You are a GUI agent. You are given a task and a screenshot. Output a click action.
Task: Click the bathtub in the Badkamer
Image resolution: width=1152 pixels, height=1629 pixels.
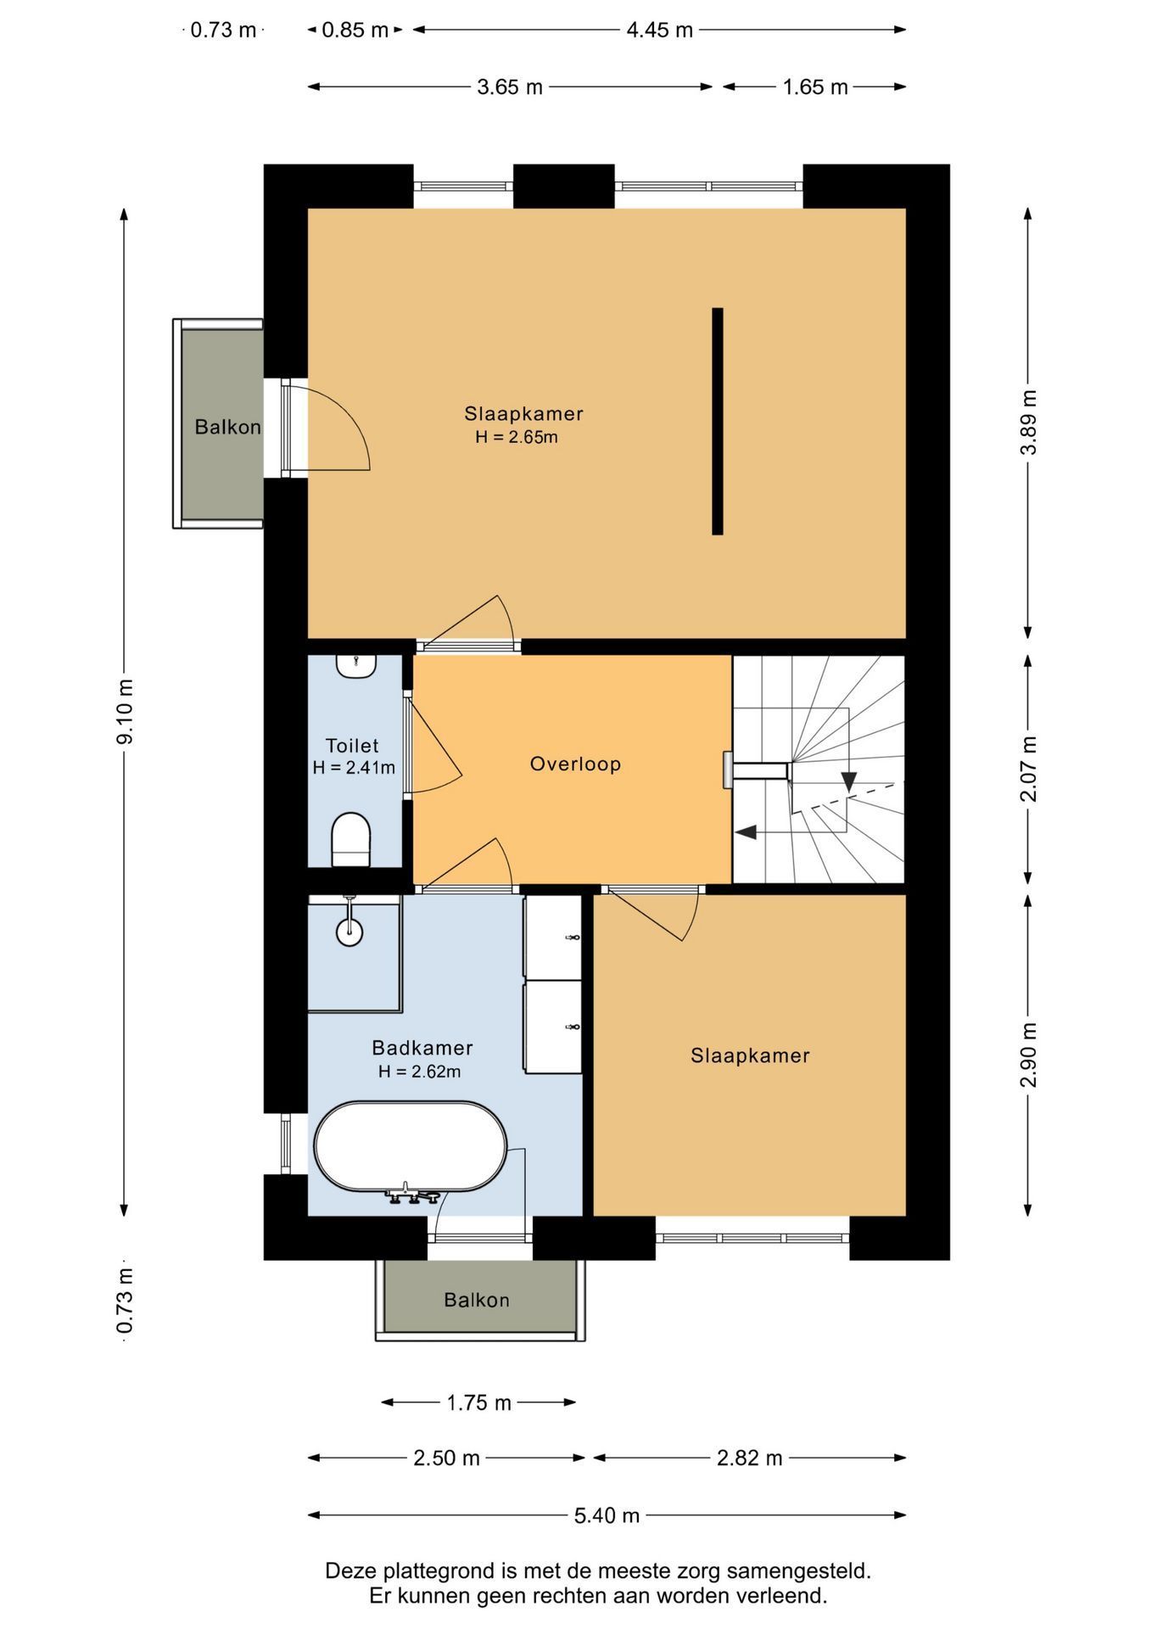click(x=411, y=1146)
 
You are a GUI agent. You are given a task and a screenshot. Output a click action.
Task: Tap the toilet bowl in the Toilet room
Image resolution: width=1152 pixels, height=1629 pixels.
click(x=350, y=838)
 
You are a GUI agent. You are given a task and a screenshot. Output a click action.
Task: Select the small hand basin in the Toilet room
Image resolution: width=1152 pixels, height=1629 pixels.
click(x=356, y=665)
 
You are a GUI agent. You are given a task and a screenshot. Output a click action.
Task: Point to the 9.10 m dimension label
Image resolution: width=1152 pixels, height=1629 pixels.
click(x=125, y=711)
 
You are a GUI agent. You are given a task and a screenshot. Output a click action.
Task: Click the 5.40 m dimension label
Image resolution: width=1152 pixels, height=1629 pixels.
click(x=607, y=1514)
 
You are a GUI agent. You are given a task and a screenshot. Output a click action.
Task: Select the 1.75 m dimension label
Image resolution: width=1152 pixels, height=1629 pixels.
click(x=479, y=1402)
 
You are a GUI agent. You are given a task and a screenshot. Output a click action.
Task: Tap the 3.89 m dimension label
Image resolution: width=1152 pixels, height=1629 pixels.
click(x=1028, y=422)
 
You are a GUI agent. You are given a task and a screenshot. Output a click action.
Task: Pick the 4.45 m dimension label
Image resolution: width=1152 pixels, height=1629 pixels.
click(x=659, y=30)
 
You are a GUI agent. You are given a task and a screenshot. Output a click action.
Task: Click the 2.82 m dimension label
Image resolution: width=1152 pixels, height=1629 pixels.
click(x=750, y=1458)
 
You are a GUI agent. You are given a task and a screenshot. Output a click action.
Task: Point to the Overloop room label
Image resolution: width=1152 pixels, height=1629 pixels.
click(x=575, y=764)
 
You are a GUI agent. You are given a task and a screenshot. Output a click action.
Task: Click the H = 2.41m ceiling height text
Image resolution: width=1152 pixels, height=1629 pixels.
click(x=354, y=768)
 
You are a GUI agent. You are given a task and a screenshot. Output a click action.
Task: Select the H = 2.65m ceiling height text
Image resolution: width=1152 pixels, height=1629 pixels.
click(x=517, y=437)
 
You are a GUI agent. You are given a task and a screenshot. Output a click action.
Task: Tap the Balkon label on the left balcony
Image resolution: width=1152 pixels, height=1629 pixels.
click(x=227, y=426)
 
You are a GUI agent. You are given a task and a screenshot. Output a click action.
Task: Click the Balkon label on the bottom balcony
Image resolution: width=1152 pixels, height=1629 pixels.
click(x=477, y=1299)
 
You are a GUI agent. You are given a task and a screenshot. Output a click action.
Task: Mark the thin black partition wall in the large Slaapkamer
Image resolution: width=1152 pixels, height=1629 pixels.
click(x=718, y=421)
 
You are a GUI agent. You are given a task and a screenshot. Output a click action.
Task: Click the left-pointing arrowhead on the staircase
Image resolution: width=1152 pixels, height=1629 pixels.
click(x=745, y=832)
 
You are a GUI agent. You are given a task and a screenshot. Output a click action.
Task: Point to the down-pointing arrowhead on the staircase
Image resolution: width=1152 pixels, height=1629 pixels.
click(x=848, y=782)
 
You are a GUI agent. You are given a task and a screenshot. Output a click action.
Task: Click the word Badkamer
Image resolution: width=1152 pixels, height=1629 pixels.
click(x=422, y=1048)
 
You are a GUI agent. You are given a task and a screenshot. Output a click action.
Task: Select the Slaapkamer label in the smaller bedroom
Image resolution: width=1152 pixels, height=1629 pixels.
click(x=750, y=1055)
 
